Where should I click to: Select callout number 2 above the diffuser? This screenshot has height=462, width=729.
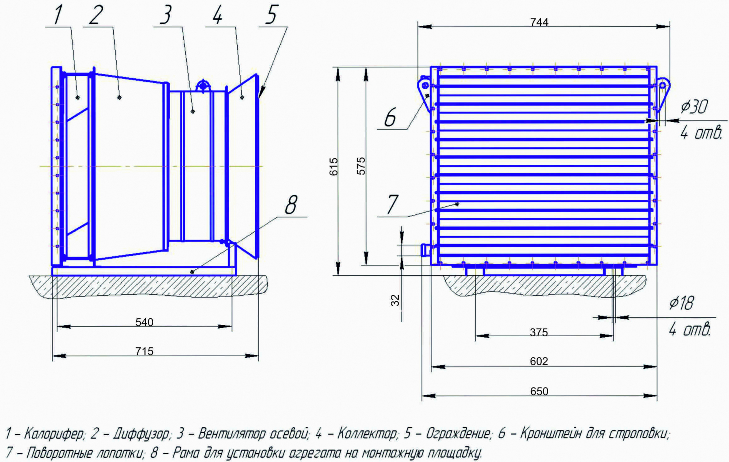pos(96,16)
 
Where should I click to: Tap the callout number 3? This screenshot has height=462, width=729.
pos(165,16)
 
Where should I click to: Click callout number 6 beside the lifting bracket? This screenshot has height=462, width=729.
pos(390,117)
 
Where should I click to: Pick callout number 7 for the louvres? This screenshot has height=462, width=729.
pos(392,205)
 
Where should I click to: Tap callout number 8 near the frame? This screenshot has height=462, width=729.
pos(291,205)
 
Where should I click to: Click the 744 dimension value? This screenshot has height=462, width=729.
pos(539,23)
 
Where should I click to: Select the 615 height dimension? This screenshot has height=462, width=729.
pos(334,167)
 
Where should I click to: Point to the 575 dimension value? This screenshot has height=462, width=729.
pos(361,166)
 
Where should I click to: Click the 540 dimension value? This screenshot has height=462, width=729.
pos(144,322)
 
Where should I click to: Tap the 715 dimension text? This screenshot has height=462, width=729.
pos(144,351)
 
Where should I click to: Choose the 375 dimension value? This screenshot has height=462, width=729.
pos(539,332)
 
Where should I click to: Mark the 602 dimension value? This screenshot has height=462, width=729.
pos(539,361)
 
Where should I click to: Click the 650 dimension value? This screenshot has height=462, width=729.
pos(539,391)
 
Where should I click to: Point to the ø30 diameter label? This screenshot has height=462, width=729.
pos(694,106)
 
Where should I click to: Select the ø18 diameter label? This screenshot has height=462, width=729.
pos(682,303)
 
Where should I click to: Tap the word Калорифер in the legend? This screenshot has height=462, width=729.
pos(54,434)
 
